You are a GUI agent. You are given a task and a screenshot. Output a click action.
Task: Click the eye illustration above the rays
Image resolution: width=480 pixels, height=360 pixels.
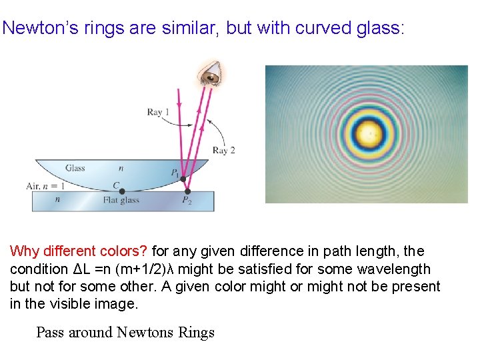211,75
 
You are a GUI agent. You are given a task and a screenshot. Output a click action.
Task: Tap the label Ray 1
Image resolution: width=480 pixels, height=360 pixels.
158,112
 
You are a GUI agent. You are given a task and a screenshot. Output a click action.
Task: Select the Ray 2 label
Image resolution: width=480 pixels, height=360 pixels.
224,150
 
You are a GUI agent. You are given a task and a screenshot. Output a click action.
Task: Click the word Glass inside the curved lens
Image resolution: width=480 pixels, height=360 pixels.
75,168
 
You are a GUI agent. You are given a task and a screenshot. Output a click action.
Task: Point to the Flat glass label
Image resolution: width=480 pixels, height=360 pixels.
121,200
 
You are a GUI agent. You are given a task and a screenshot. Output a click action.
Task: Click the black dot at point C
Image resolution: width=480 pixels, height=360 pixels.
122,191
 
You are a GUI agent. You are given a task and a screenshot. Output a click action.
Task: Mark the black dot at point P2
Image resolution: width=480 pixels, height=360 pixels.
187,191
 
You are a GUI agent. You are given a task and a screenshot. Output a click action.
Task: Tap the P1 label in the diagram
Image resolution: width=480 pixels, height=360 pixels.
175,174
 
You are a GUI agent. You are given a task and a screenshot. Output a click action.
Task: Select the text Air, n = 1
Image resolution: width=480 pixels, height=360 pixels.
46,187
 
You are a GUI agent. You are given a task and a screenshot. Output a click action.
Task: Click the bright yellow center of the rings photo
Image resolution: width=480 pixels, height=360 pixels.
368,134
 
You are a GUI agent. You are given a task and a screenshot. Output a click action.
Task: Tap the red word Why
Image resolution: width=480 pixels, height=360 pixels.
25,251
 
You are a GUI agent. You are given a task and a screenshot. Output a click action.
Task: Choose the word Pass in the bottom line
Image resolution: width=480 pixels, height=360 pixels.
51,332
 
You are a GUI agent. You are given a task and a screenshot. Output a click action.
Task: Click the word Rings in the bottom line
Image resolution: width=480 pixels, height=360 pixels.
197,332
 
